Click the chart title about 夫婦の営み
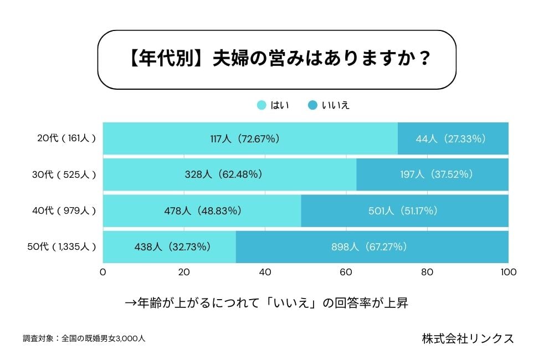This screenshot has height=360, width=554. tap(276, 60)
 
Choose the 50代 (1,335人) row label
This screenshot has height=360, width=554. tap(62, 247)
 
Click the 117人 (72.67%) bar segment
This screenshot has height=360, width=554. tap(250, 138)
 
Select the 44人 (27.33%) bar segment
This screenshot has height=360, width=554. tap(453, 138)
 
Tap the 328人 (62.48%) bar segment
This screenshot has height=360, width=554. tap(229, 174)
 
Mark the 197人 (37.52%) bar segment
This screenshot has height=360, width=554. tap(432, 174)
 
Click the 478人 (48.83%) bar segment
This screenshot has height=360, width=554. tap(202, 210)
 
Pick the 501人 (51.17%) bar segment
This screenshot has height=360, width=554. tap(404, 210)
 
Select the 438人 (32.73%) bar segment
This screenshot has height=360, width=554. tap(170, 247)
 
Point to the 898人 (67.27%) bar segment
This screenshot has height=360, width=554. tap(372, 247)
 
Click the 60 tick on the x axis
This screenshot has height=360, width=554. tap(346, 272)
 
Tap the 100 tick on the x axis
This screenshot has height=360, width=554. tap(508, 272)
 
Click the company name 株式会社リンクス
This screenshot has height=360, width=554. tap(468, 338)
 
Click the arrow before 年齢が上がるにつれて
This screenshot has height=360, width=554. tap(131, 304)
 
